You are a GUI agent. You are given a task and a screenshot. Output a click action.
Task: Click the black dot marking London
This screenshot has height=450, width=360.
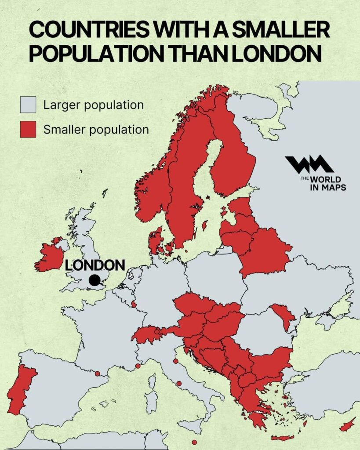[x=94, y=280]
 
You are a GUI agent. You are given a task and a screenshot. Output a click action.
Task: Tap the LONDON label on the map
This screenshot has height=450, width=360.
[x=95, y=265]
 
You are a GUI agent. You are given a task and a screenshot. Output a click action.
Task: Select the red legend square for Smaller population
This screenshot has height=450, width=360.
[x=28, y=130]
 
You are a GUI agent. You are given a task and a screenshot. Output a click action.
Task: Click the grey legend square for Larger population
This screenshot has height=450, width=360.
[x=28, y=105]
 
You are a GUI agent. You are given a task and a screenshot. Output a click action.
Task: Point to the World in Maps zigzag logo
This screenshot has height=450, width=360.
[x=309, y=165]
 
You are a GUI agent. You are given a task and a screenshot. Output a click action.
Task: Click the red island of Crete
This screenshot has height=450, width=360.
[x=282, y=438]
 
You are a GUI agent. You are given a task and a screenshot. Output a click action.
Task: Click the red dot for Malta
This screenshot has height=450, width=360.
[x=194, y=442]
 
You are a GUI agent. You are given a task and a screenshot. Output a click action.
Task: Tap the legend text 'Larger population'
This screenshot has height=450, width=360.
[x=93, y=105]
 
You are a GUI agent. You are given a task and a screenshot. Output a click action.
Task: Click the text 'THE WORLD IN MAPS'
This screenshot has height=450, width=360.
[x=323, y=183]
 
